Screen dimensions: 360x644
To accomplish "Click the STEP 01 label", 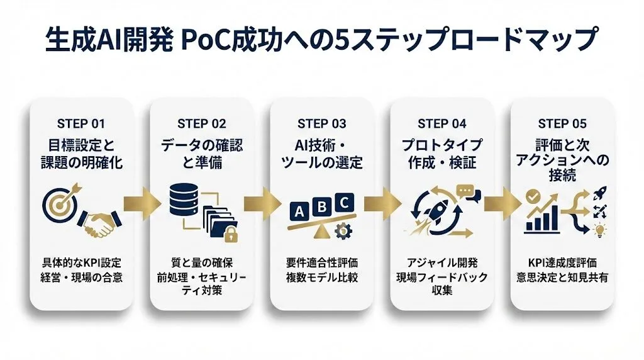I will (81, 123).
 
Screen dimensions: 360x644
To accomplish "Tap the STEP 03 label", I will (322, 123).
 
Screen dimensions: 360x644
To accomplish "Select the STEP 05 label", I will (562, 123).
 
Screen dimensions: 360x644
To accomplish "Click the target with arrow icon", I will (64, 200).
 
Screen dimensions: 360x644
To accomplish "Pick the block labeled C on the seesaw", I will (343, 201).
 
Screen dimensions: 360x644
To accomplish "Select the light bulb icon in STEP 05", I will (600, 230).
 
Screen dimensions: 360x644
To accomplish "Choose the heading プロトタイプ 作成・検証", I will (442, 154).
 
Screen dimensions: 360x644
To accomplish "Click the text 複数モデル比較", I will (322, 278).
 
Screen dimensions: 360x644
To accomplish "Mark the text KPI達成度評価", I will (562, 262).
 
